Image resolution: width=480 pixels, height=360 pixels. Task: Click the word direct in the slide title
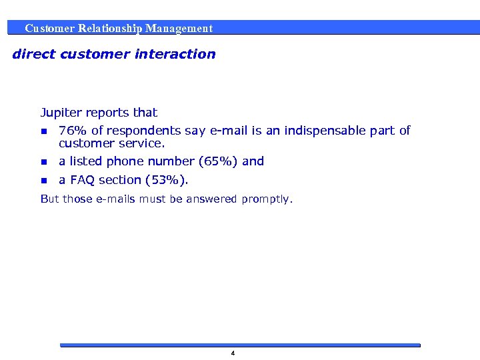[x=33, y=54]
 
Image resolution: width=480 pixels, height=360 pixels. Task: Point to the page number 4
[x=233, y=353]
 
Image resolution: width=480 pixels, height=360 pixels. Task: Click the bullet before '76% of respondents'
[x=44, y=131]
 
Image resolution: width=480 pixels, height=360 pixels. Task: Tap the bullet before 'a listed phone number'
[x=44, y=162]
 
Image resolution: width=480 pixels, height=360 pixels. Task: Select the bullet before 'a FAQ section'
[x=44, y=181]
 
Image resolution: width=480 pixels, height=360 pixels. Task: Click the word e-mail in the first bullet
[x=229, y=131]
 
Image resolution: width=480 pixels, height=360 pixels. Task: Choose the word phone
[x=125, y=161]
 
